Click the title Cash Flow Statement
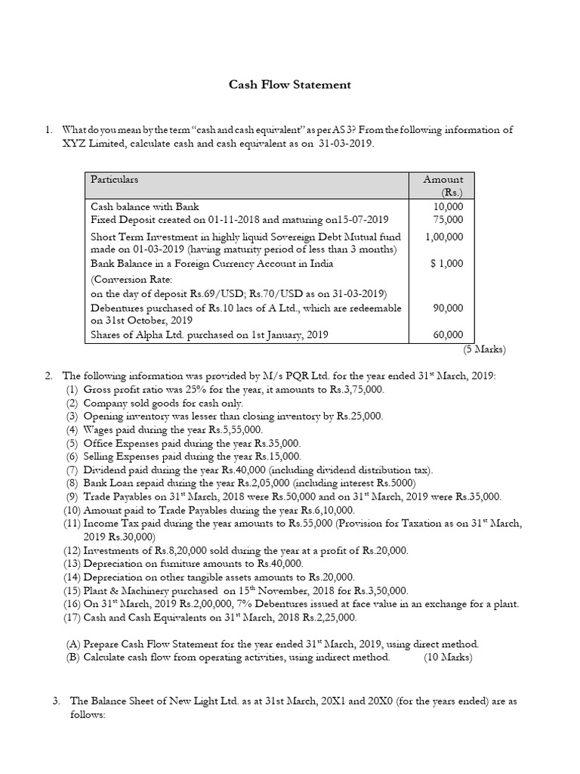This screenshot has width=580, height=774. [x=290, y=85]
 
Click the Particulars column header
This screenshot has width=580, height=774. [x=114, y=179]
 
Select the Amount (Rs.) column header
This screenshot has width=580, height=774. [x=443, y=185]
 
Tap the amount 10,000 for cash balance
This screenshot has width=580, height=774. [x=449, y=206]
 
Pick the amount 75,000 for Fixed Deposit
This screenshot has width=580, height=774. [x=449, y=219]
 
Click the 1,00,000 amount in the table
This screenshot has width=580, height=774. [x=445, y=237]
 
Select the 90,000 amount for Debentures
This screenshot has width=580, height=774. [x=449, y=308]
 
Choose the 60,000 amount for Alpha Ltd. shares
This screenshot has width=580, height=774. [x=449, y=335]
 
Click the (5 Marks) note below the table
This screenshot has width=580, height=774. [x=484, y=349]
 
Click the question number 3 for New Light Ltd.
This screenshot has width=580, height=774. [x=56, y=701]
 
